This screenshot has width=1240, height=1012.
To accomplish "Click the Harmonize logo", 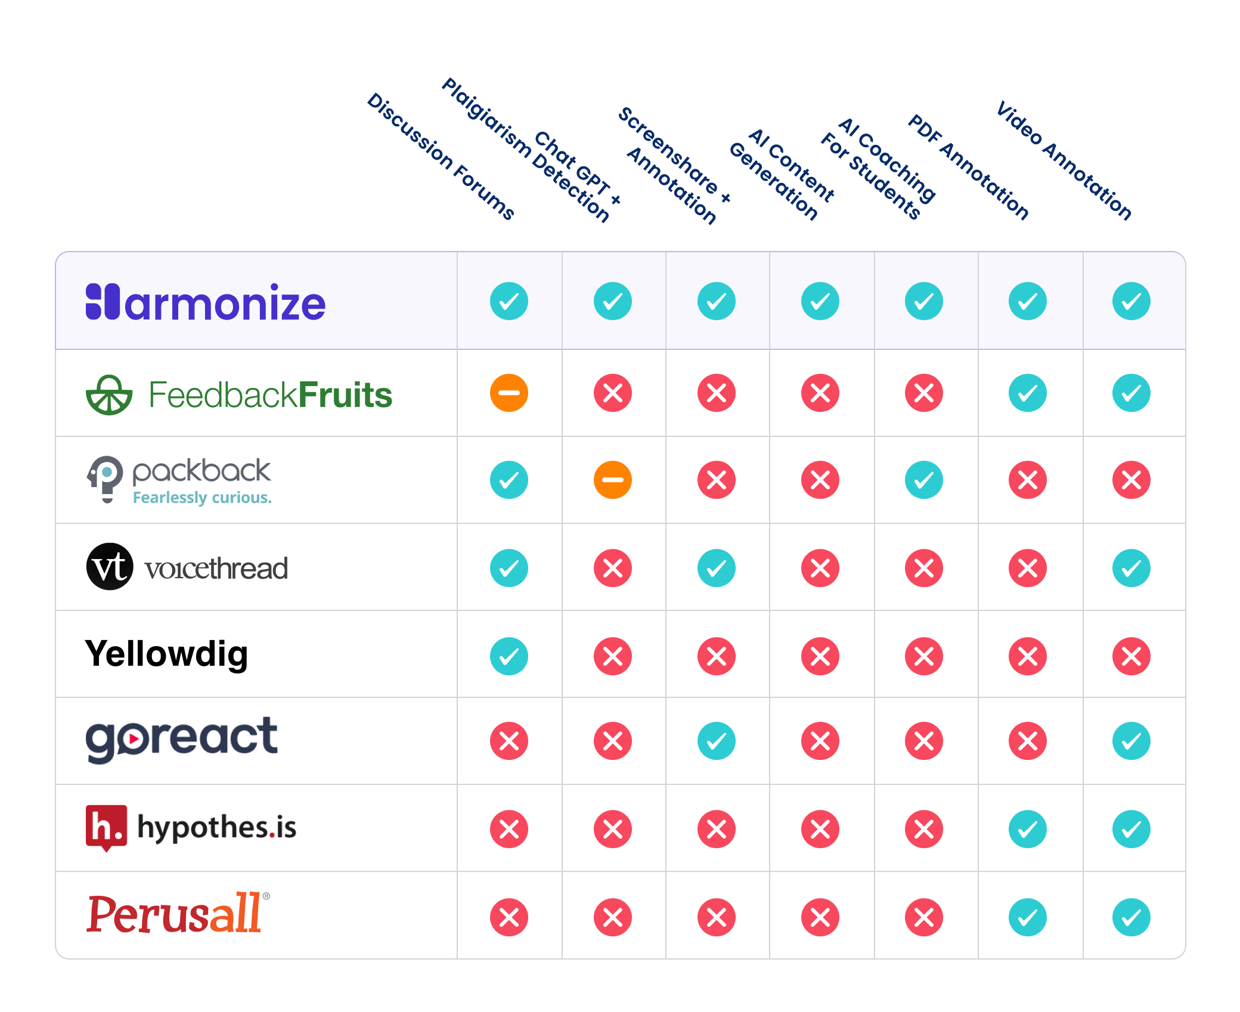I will tap(206, 302).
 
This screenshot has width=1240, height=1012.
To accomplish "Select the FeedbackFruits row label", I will tap(239, 395).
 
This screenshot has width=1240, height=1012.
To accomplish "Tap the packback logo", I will tap(179, 480).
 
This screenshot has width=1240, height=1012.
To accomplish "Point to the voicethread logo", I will tap(187, 567).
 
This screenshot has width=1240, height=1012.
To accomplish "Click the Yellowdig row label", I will tap(166, 654).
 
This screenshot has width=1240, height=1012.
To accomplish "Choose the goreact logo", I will tap(181, 739).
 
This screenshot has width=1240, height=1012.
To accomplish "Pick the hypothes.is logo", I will tap(191, 827).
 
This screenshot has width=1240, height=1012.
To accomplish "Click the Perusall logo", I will tap(177, 913).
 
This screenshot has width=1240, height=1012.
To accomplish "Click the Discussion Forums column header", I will tap(441, 156).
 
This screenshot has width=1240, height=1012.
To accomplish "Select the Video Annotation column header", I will tap(1064, 161).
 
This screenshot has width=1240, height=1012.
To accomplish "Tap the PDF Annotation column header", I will tap(968, 167).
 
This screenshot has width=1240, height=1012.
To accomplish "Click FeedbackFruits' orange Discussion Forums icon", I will tap(509, 393).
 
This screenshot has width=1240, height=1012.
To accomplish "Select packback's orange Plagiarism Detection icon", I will tap(613, 480).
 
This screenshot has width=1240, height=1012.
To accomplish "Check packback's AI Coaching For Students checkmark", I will tap(924, 480).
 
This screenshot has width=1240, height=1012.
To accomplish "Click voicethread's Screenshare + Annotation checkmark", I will tap(717, 568).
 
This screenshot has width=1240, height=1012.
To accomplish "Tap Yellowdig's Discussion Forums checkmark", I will tap(509, 656).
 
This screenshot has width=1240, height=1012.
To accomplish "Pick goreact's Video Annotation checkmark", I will tap(1131, 741).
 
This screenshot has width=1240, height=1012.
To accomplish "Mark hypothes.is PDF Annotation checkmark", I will tap(1028, 829).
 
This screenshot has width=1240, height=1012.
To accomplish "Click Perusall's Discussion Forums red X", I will tap(509, 917).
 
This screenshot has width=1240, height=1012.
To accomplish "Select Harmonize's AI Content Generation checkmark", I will tap(820, 301).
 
